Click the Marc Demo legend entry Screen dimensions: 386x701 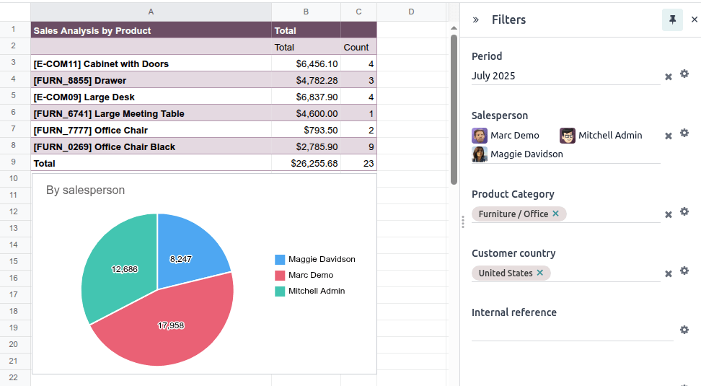click(310, 275)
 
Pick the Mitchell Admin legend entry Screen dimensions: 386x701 click(316, 291)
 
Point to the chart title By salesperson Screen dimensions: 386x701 click(85, 190)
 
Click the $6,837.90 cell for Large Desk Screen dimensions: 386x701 click(306, 97)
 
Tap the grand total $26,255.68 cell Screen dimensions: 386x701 click(306, 163)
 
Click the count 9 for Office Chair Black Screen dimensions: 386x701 click(358, 146)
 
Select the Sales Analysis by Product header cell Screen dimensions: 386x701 click(151, 30)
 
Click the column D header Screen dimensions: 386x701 click(411, 11)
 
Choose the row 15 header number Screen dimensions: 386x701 click(13, 261)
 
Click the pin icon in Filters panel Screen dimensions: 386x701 click(672, 20)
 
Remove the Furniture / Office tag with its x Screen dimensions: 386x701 click(555, 214)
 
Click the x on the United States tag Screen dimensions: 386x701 click(539, 273)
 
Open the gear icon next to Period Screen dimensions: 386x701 click(684, 74)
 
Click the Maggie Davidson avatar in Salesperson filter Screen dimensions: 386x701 click(480, 154)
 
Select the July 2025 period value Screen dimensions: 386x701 click(493, 76)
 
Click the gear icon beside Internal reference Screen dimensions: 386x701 click(684, 330)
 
